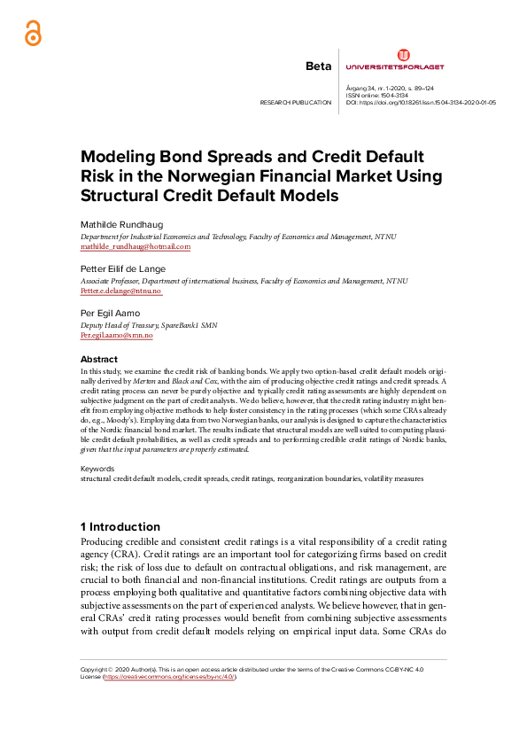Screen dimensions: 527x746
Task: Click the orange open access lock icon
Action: (32, 32)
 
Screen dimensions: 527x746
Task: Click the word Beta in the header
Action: (317, 66)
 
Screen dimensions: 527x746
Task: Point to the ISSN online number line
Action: (371, 96)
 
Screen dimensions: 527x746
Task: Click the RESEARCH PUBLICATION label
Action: (295, 103)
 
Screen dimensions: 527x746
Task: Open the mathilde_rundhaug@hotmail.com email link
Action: (136, 247)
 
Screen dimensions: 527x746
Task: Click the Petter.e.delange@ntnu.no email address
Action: (120, 291)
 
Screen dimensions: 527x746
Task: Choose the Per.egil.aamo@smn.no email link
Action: (116, 337)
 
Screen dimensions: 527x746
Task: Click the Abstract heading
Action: (99, 359)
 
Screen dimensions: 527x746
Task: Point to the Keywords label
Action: (97, 468)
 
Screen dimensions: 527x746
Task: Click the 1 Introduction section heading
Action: (120, 526)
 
